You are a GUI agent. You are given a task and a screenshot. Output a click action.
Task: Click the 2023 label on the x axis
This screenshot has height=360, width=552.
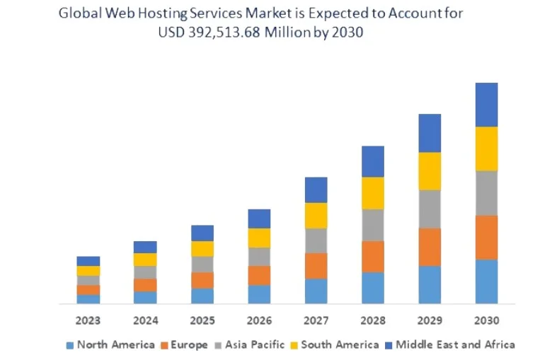tap(88, 320)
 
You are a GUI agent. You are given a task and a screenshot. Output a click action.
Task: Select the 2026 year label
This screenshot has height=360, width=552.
tap(259, 320)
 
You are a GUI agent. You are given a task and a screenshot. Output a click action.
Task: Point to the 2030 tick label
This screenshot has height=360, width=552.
tap(486, 320)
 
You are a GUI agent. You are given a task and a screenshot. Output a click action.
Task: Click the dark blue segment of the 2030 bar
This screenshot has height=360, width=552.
tap(486, 105)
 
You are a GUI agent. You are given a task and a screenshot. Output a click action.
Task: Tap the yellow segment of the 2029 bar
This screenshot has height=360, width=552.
tap(430, 171)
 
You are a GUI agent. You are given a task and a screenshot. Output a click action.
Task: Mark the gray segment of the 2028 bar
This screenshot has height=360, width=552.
tap(373, 225)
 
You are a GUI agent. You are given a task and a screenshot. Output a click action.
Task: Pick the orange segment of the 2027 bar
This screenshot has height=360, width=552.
tap(316, 266)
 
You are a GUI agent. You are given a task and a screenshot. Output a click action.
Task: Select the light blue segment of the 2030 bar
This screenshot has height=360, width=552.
tap(486, 281)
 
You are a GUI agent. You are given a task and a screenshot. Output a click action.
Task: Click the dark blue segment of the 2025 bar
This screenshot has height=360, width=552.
tap(202, 233)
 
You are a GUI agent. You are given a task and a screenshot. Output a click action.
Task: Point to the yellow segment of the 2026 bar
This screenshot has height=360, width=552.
tap(259, 238)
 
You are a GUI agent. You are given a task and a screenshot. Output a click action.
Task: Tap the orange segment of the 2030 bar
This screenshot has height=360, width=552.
tap(486, 237)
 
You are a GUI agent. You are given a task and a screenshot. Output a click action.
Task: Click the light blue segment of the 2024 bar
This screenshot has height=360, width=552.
tap(145, 297)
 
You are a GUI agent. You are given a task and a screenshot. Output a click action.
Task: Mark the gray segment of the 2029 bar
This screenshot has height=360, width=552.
tap(430, 209)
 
